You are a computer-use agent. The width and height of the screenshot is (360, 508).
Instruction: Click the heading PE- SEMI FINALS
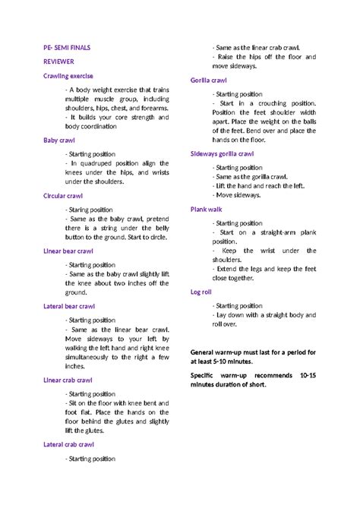point(66,47)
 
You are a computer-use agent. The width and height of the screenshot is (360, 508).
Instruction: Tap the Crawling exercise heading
point(69,76)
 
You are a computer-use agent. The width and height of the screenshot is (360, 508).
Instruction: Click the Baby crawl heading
point(61,140)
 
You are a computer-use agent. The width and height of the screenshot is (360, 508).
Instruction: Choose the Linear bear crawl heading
point(69,251)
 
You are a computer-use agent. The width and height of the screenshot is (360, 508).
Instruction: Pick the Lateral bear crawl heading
point(70,306)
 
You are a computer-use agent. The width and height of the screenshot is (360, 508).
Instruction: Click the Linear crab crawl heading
point(68,380)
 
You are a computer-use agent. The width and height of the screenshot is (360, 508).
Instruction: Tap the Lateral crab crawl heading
point(69,444)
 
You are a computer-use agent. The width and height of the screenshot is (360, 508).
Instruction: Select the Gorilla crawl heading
point(209,80)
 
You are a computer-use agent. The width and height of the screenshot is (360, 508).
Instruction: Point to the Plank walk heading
point(207,209)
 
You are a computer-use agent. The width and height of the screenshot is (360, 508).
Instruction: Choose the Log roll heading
point(203,292)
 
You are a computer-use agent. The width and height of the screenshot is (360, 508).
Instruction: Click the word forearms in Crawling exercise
point(154,109)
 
